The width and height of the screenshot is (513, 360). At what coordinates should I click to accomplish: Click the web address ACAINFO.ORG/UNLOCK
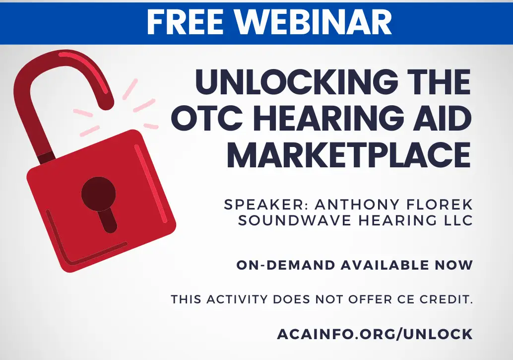click(x=375, y=334)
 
